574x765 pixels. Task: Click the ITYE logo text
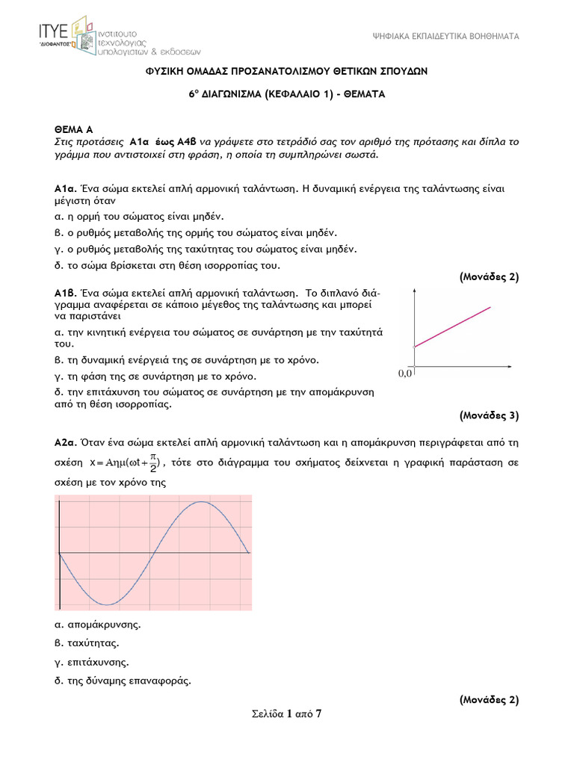54,30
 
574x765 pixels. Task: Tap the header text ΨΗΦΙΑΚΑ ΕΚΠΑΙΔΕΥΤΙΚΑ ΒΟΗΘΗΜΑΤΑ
445,37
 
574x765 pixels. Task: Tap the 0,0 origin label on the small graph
405,373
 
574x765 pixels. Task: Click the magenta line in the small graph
453,326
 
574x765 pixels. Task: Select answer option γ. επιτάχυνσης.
92,662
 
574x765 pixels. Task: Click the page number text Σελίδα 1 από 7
287,714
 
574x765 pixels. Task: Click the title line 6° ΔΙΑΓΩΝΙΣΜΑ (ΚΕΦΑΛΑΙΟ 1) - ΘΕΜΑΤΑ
286,95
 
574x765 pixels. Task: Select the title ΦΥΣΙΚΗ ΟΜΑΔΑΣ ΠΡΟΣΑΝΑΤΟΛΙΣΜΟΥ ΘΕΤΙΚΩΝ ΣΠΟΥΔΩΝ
286,70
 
